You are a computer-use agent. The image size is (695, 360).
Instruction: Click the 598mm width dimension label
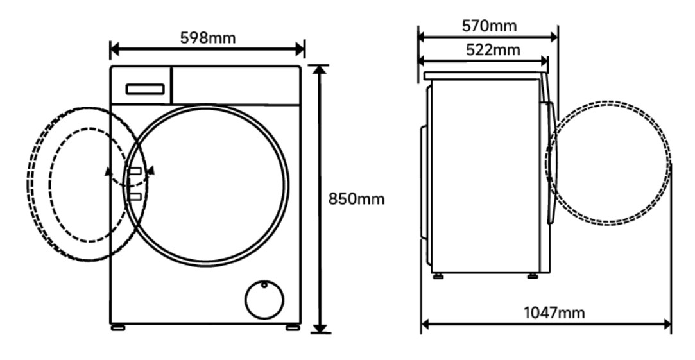[207, 38]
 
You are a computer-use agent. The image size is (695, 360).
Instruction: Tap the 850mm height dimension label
[356, 199]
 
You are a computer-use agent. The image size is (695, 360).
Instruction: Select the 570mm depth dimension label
[490, 26]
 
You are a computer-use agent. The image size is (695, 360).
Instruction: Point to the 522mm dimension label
[493, 50]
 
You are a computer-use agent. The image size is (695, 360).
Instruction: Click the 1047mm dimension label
[554, 313]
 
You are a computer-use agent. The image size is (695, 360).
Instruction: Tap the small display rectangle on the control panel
[145, 89]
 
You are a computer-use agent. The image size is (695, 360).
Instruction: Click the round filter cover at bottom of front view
[264, 300]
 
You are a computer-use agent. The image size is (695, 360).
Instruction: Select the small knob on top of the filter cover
[264, 285]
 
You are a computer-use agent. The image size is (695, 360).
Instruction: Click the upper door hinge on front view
[135, 171]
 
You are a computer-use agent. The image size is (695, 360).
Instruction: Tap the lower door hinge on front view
[135, 196]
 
